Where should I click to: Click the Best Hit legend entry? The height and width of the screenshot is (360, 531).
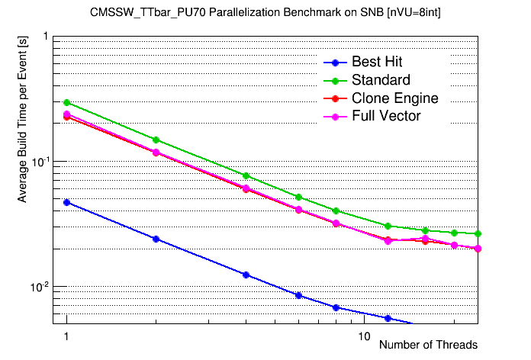point(377,63)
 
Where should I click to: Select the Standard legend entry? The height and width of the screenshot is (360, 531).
point(381,80)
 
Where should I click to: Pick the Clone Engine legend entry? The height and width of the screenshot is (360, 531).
point(394,98)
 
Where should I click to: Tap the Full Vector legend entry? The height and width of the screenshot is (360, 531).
point(386,116)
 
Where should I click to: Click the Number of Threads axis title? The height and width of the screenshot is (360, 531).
point(428,345)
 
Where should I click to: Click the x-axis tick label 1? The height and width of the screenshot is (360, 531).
point(67,336)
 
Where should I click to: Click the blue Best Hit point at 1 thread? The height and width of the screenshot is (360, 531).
point(67,202)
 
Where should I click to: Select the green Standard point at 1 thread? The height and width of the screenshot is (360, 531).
point(67,102)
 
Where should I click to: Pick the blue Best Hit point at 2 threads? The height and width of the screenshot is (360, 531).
point(156,239)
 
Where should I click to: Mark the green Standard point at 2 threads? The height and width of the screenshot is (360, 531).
point(156,140)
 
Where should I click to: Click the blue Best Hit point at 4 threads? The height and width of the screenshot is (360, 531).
point(246,275)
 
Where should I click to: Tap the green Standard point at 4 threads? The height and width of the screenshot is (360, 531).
point(246,175)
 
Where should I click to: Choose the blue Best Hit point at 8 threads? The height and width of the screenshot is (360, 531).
point(336,307)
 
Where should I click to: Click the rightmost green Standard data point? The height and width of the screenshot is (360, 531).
point(478,233)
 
